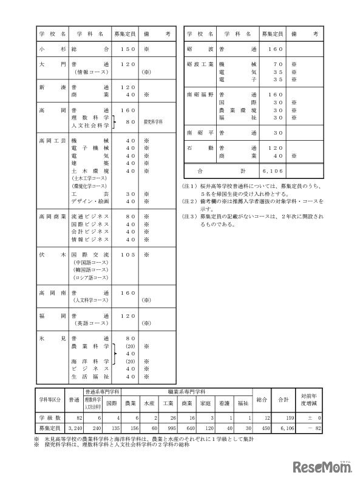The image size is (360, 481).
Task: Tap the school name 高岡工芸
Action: pos(52,140)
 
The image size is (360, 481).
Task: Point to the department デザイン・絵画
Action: pos(90,200)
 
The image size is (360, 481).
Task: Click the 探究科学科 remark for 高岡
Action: pos(155,121)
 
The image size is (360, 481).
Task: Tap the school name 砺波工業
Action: pos(200,63)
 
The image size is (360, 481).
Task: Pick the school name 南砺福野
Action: pos(200,95)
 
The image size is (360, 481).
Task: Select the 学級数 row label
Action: pos(51,419)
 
